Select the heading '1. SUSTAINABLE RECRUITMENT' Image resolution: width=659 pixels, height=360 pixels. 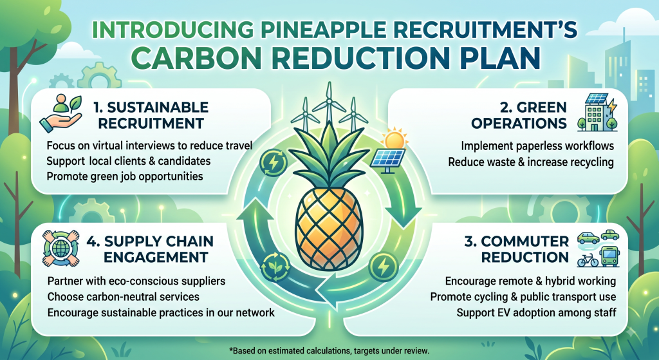coord(151,115)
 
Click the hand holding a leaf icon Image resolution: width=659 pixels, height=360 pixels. coord(61,113)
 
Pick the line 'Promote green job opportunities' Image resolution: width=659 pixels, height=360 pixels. coord(125,176)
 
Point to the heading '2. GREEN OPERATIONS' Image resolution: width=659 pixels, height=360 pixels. coord(519,115)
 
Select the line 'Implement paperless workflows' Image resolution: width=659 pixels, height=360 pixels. coord(537,146)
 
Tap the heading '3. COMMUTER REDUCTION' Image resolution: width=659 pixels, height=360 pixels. coord(517,249)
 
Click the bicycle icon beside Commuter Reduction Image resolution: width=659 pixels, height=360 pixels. coord(588,260)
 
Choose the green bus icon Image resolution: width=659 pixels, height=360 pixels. coord(610,256)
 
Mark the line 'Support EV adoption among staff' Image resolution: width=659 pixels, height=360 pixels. coord(536,312)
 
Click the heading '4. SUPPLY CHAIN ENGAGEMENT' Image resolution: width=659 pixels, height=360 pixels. coord(150,249)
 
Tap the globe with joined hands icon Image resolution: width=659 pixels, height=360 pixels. coord(61,248)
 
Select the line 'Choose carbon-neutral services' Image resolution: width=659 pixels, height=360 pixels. coord(124,296)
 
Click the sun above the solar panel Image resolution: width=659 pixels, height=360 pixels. coord(394,139)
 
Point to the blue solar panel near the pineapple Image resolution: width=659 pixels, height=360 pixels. coord(387,160)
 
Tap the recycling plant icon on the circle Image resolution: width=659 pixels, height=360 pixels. coord(275,267)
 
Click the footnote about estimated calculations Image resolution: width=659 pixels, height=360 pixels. coord(329,350)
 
